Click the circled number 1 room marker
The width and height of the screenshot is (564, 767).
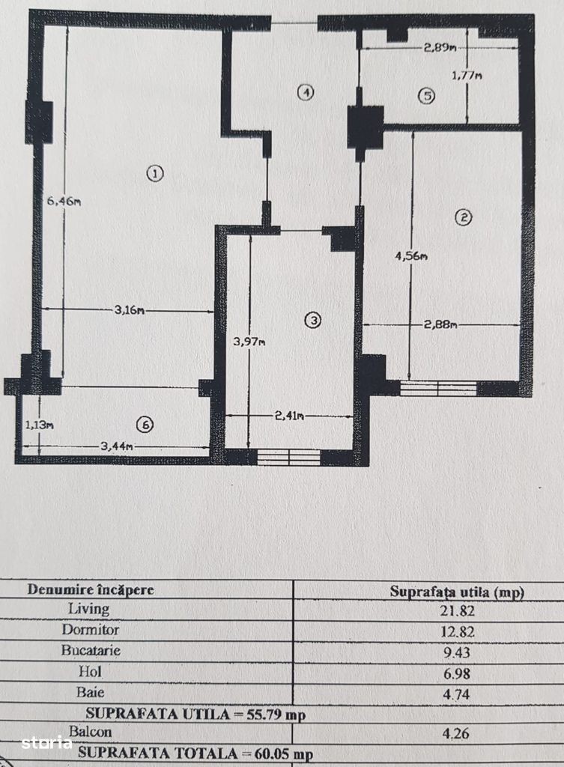155,173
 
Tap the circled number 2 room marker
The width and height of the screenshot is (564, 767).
463,217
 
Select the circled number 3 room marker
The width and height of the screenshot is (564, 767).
312,321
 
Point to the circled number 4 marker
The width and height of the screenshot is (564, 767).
306,92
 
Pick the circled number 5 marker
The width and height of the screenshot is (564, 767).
426,96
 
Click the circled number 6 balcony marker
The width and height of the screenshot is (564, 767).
145,425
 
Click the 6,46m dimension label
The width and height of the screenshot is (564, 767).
64,201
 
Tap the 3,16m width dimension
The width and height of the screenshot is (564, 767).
130,309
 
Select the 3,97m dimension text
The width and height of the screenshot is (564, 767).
249,342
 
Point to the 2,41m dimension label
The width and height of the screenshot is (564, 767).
289,416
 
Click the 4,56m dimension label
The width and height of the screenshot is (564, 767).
411,255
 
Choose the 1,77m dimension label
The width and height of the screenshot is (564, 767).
466,76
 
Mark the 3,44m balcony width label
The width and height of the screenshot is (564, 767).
117,446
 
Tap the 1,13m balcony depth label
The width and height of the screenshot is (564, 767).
40,425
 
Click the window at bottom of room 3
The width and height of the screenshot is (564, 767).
288,458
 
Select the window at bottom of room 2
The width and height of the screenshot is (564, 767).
438,389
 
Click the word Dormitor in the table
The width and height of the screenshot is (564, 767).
91,629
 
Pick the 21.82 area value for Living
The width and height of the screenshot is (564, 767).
458,610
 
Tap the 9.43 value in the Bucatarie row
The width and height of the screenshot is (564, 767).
456,652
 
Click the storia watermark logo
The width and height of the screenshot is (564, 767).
46,742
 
